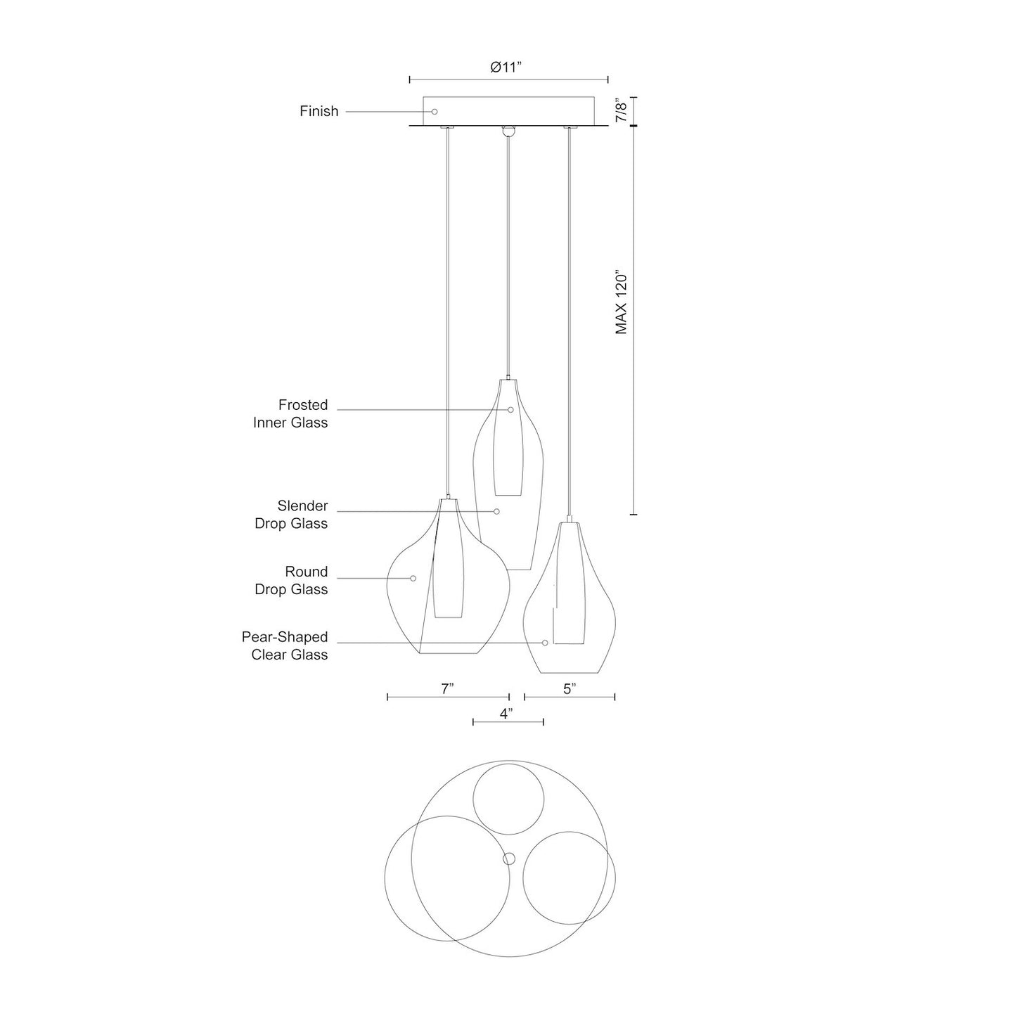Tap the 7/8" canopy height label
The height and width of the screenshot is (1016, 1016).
click(x=622, y=111)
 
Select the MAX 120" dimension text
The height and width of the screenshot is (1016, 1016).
click(x=622, y=304)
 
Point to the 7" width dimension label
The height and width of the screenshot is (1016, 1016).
click(x=448, y=688)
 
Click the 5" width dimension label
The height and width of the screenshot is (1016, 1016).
click(x=570, y=688)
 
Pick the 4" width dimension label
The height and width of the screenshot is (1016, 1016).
click(x=506, y=714)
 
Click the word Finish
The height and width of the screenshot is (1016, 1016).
click(x=319, y=111)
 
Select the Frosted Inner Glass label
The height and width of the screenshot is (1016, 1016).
click(x=290, y=414)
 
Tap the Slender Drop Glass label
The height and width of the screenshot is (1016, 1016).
click(x=292, y=515)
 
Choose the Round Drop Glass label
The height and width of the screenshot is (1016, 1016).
click(x=292, y=581)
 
